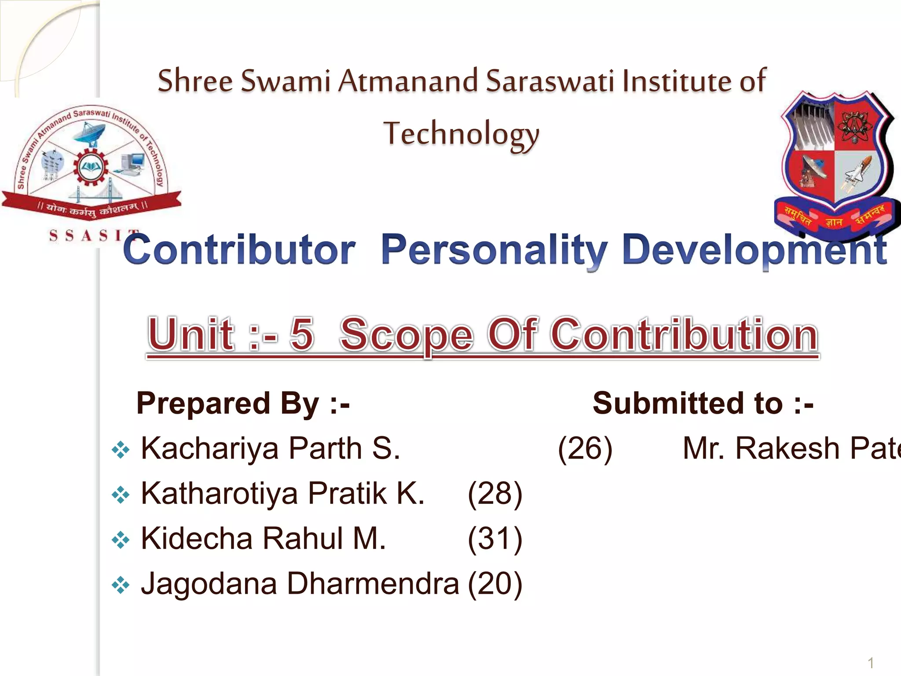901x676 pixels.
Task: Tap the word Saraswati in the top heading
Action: (549, 81)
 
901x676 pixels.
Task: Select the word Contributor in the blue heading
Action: (239, 250)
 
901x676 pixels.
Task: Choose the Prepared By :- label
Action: (243, 403)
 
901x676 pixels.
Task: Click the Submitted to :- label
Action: (703, 403)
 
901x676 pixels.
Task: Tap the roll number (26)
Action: (585, 449)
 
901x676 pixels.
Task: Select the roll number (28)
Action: (495, 494)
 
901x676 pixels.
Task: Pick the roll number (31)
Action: (495, 539)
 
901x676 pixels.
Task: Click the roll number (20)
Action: (495, 584)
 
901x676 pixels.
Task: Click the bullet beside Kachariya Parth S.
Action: (120, 450)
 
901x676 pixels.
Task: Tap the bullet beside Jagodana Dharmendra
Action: (120, 585)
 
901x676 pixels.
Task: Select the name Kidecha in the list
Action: (197, 539)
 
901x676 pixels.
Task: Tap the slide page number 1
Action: (870, 663)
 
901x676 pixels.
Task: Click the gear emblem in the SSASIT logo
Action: (91, 167)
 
